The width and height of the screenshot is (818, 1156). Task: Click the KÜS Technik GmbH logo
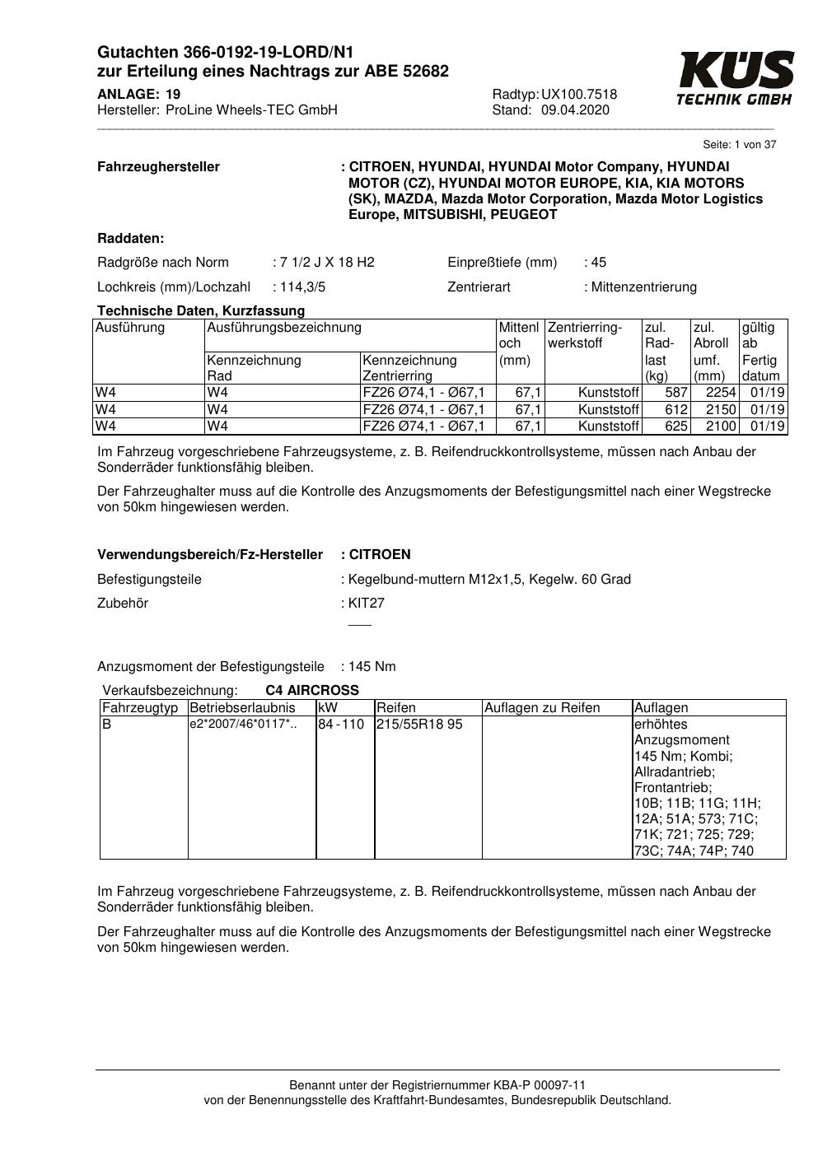(735, 77)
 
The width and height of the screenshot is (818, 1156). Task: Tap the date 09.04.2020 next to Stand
(575, 110)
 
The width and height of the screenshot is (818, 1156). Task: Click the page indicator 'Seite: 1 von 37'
(739, 145)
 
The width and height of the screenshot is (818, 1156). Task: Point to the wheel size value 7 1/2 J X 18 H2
(327, 263)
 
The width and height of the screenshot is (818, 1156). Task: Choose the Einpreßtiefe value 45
(598, 263)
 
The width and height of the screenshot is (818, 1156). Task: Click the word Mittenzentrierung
(644, 287)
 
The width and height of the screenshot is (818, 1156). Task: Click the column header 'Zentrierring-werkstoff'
(585, 335)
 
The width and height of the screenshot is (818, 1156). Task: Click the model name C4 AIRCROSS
(312, 691)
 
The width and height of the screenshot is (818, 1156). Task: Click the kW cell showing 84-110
(341, 725)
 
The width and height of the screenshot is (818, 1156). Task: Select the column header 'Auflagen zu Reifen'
(542, 708)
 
